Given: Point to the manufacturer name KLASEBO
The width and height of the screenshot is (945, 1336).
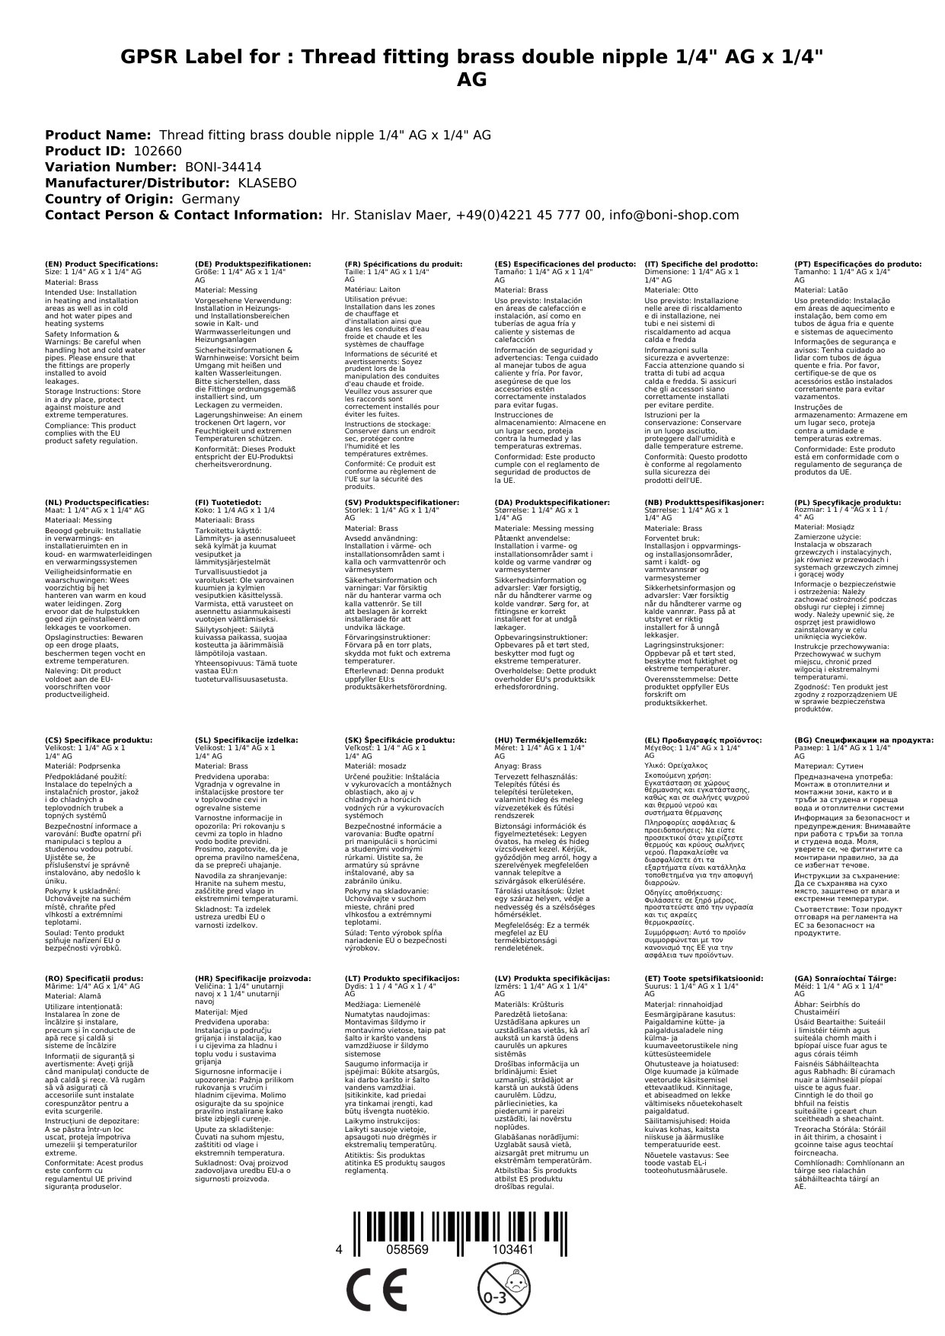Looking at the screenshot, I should pyautogui.click(x=267, y=183).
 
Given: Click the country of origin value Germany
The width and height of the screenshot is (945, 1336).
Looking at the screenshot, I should pyautogui.click(x=211, y=199).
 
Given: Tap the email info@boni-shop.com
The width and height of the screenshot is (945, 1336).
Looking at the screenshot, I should pyautogui.click(x=675, y=215).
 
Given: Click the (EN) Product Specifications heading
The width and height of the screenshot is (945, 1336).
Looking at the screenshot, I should pyautogui.click(x=101, y=264).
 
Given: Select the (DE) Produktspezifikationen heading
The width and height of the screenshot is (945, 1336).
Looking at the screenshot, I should pyautogui.click(x=253, y=264).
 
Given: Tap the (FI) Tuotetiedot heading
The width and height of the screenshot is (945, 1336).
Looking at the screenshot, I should pyautogui.click(x=228, y=503).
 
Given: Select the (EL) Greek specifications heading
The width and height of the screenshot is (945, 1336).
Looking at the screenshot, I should pyautogui.click(x=703, y=740).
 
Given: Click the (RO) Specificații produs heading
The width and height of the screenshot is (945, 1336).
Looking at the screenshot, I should pyautogui.click(x=94, y=978).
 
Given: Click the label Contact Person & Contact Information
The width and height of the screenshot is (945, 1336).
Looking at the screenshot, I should pyautogui.click(x=184, y=215).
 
